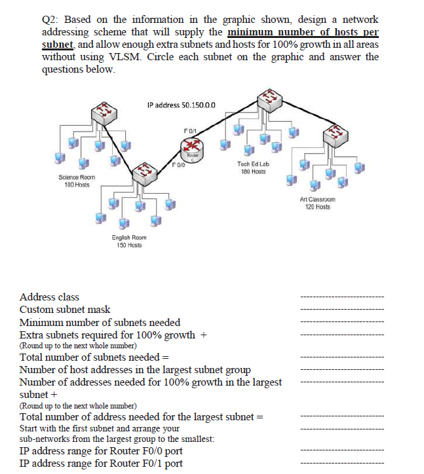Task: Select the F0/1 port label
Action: click(189, 130)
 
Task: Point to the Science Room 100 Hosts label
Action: click(77, 181)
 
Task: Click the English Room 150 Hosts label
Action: click(129, 241)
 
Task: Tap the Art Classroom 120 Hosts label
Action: click(318, 203)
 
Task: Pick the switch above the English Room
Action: click(145, 175)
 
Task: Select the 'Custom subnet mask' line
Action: click(65, 310)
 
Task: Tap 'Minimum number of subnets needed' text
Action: click(100, 322)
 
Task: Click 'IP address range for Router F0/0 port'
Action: click(101, 451)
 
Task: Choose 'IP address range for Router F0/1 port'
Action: click(101, 464)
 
